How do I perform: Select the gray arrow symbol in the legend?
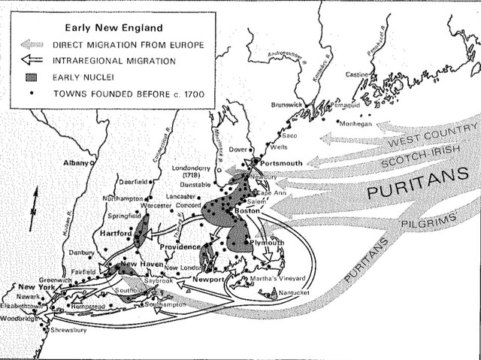click(37, 45)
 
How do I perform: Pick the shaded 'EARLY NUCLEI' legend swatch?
click(37, 77)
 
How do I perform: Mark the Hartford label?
click(116, 234)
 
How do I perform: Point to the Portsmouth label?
click(282, 163)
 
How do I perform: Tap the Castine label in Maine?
click(358, 75)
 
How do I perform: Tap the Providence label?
click(180, 247)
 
